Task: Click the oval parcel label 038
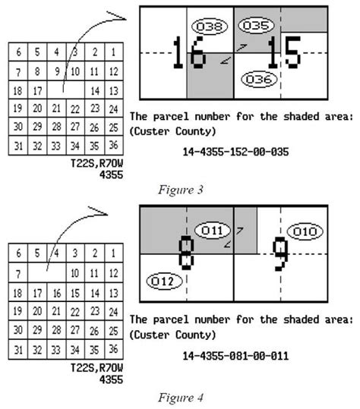(210, 27)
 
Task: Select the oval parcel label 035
(256, 25)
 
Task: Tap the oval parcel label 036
(259, 79)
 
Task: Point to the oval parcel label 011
(213, 231)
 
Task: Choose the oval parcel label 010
(305, 231)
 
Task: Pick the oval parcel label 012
(165, 282)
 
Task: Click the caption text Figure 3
(181, 190)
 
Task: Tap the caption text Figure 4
(181, 398)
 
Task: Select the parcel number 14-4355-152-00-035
(235, 152)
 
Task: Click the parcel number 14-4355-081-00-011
(235, 356)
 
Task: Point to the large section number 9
(281, 253)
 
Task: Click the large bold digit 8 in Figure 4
(186, 253)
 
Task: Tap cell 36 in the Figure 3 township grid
(114, 145)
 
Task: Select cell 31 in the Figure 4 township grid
(18, 350)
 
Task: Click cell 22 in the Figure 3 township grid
(75, 109)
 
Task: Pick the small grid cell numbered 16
(57, 293)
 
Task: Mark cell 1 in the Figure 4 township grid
(114, 253)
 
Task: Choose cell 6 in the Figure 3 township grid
(18, 52)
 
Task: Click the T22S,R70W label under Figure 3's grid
(97, 164)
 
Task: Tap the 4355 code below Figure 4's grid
(111, 379)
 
